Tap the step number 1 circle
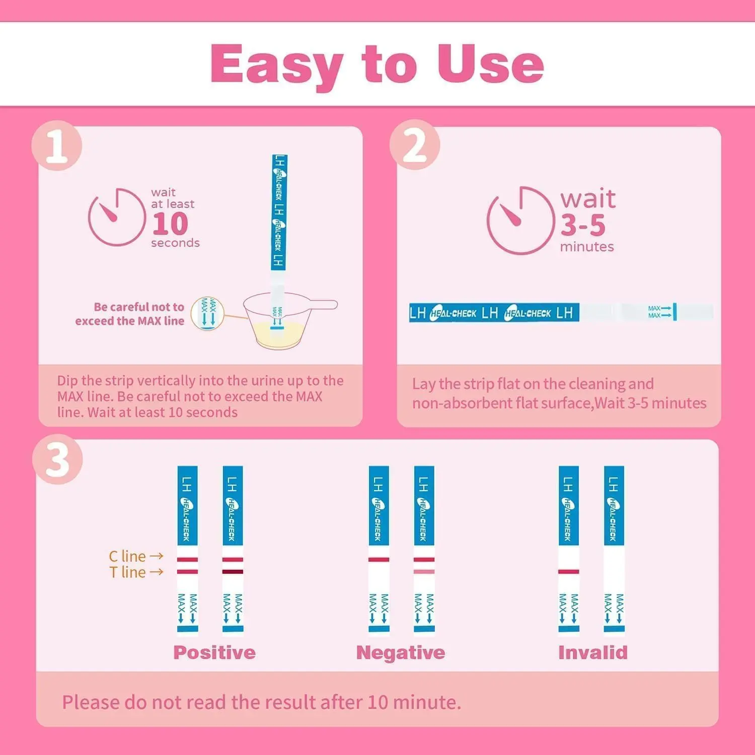pyautogui.click(x=56, y=146)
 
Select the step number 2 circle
pyautogui.click(x=415, y=145)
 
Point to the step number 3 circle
pyautogui.click(x=57, y=460)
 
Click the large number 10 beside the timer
pyautogui.click(x=170, y=223)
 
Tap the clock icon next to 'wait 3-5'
pyautogui.click(x=520, y=220)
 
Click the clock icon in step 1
pyautogui.click(x=117, y=217)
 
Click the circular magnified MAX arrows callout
pyautogui.click(x=207, y=314)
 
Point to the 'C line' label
pyautogui.click(x=127, y=556)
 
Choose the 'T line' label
pyautogui.click(x=128, y=572)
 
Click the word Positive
pyautogui.click(x=214, y=652)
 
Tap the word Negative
pyautogui.click(x=401, y=652)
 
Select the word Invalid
pyautogui.click(x=593, y=652)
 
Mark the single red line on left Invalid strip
pyautogui.click(x=569, y=572)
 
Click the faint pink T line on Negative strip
pyautogui.click(x=424, y=572)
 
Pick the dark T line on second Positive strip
pyautogui.click(x=233, y=572)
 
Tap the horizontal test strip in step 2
pyautogui.click(x=561, y=313)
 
